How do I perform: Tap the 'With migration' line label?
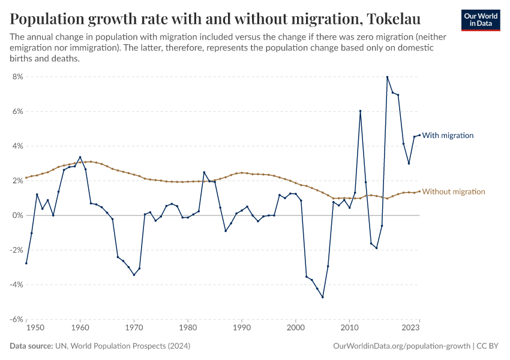(448, 136)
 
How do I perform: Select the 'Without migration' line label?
(454, 191)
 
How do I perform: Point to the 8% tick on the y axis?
(17, 77)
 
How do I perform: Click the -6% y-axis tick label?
(16, 319)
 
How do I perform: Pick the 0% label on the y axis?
(17, 215)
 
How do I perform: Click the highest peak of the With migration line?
(387, 77)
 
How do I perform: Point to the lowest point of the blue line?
(322, 297)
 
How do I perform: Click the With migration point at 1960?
(80, 157)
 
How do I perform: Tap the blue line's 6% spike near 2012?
(360, 111)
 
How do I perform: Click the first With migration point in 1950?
(26, 263)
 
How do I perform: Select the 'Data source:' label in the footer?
(31, 346)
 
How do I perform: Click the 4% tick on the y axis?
(17, 146)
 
